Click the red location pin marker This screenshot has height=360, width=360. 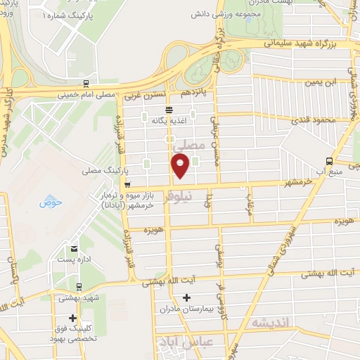(180, 166)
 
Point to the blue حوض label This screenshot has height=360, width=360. (51, 202)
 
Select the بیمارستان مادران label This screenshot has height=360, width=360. (186, 308)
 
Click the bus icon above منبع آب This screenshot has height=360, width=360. (330, 161)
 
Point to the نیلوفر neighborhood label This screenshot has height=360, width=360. (197, 198)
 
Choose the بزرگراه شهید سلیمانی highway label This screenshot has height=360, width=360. (298, 43)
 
